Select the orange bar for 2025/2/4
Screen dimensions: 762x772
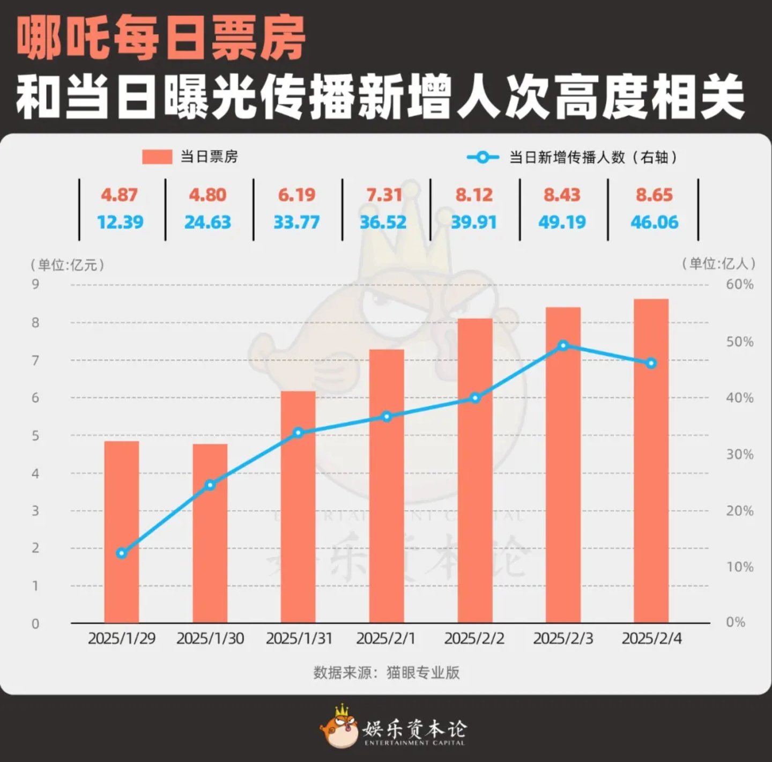[651, 461]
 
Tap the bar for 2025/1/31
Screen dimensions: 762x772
[298, 507]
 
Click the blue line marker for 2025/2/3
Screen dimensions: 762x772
[563, 345]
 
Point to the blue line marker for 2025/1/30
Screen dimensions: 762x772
[210, 485]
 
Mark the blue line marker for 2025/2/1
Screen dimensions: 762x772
[387, 416]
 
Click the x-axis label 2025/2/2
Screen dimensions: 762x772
[474, 639]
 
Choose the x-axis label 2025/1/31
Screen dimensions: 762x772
[299, 639]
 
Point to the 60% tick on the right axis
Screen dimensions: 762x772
[740, 284]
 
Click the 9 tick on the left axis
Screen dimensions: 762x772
[35, 284]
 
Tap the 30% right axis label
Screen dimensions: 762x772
[740, 454]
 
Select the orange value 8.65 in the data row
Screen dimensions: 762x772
[654, 195]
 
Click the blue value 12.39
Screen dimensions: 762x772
[121, 222]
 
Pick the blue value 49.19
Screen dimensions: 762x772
[562, 222]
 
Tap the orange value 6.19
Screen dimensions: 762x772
[296, 195]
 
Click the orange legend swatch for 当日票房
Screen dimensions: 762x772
[157, 157]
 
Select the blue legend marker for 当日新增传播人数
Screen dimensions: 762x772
[482, 157]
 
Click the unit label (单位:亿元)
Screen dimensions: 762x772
[67, 264]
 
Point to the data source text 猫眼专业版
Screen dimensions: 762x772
[424, 672]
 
